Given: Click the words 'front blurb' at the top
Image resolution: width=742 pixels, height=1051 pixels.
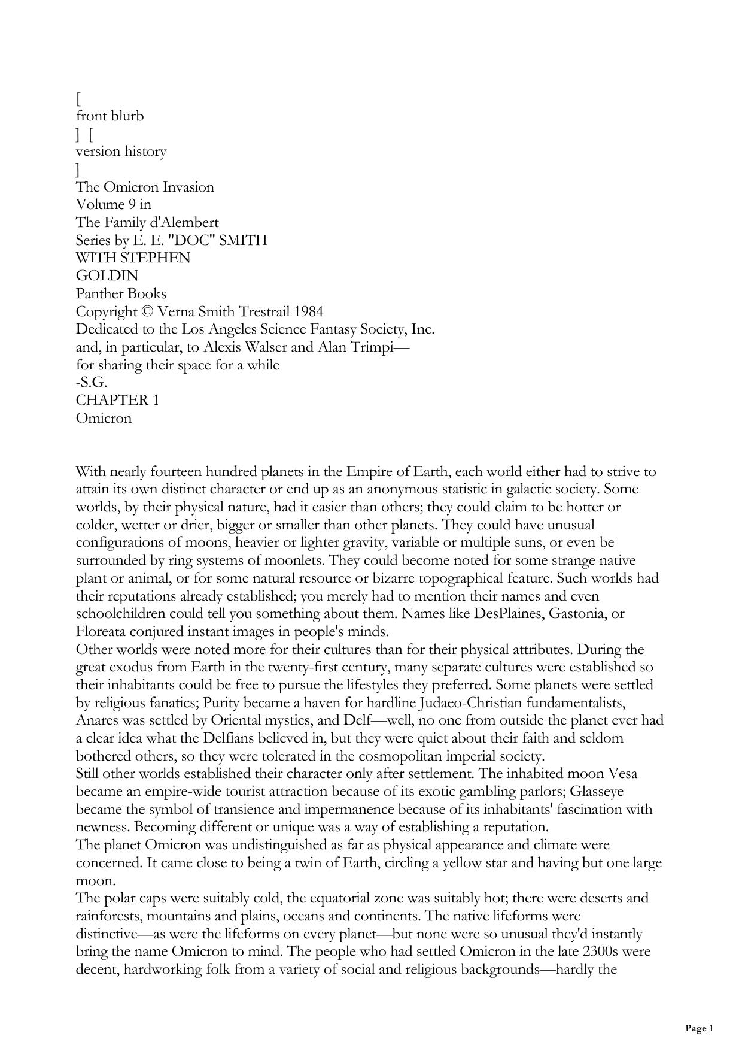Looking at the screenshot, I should click(x=110, y=116).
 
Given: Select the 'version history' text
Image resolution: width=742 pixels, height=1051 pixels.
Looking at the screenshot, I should click(x=121, y=152).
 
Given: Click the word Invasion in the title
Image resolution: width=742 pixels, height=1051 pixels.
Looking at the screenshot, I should click(x=188, y=187).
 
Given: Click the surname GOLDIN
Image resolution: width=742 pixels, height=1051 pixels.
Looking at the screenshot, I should click(x=107, y=276).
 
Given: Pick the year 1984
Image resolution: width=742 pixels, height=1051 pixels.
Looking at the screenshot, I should click(x=308, y=312).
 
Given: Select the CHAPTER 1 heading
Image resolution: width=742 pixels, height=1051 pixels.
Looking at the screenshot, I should click(x=117, y=401).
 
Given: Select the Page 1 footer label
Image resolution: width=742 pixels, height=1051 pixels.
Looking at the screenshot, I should click(x=699, y=1029).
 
